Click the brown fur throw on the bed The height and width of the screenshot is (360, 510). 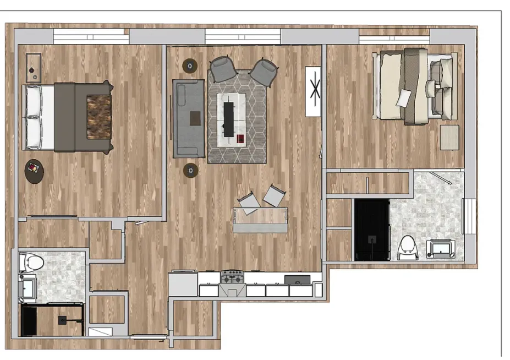[x=99, y=109]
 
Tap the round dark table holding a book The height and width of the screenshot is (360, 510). [x=34, y=171]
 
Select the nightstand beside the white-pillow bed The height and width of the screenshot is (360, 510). [x=34, y=68]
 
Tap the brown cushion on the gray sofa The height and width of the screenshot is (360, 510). [x=195, y=118]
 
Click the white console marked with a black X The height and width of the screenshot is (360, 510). [x=313, y=91]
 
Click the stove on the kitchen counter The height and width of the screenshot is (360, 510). [x=232, y=276]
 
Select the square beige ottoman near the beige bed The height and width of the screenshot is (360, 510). [x=449, y=137]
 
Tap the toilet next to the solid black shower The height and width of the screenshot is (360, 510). [x=408, y=247]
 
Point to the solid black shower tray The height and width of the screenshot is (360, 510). [x=372, y=230]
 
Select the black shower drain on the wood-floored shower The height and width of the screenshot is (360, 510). [x=63, y=320]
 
